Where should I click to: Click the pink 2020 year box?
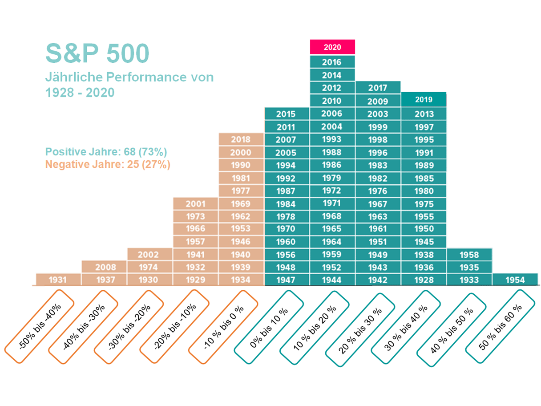332,47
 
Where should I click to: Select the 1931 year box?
58,280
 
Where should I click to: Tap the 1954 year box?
515,280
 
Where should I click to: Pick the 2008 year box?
105,267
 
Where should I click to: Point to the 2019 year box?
424,99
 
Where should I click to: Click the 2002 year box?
148,255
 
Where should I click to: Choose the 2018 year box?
241,139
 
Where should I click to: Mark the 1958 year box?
469,255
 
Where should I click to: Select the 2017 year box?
378,88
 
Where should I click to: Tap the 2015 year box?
286,114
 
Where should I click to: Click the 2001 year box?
195,204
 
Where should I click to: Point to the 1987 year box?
286,191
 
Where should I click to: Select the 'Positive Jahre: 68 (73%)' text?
106,151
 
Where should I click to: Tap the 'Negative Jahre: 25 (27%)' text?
108,164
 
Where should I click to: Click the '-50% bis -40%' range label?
40,326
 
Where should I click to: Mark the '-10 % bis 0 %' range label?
223,326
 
